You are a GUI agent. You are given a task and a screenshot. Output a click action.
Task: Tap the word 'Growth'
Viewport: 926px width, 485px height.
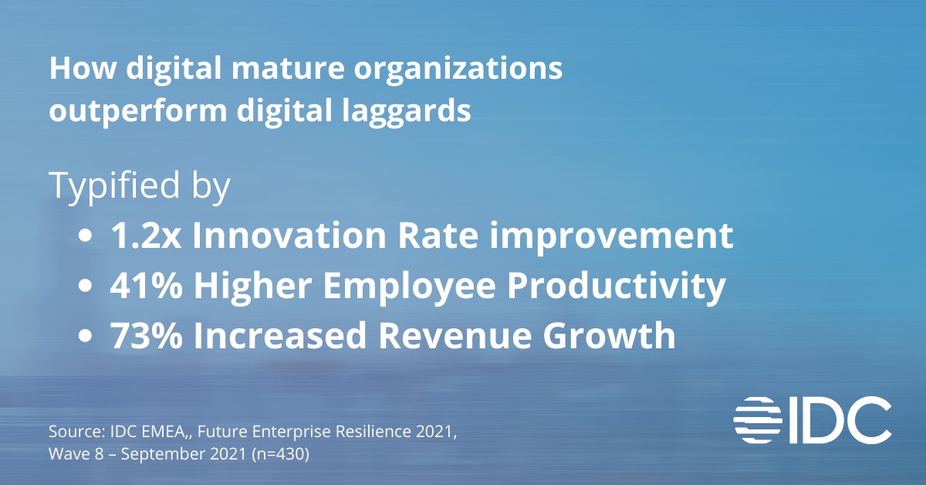(618, 337)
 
